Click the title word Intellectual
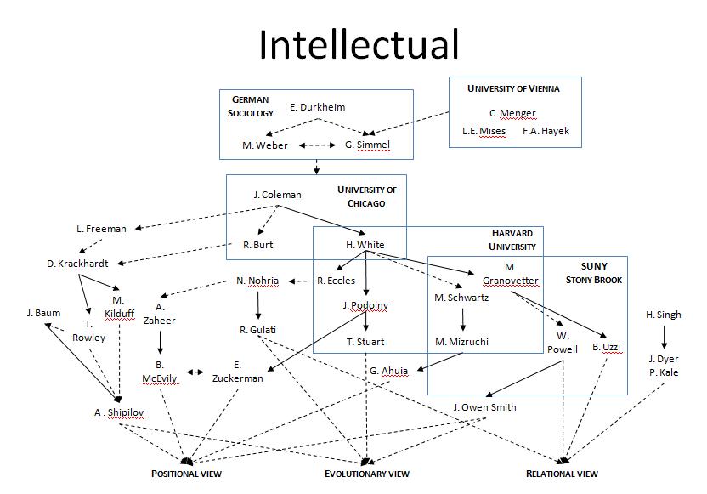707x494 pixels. coord(359,44)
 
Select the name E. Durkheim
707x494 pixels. coord(317,107)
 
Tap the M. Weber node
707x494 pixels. coord(264,145)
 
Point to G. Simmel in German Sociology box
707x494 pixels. coord(367,145)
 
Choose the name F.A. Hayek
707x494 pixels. coord(546,131)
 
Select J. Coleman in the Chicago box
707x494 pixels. coord(277,195)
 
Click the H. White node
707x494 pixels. coord(365,245)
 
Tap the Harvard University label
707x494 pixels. coord(513,240)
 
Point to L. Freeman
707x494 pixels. coord(101,229)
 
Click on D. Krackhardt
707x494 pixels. coord(75,264)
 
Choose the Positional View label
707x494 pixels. coord(186,474)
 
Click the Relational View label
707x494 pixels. coord(562,474)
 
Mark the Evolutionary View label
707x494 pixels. coord(367,474)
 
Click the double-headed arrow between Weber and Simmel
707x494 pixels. coord(315,145)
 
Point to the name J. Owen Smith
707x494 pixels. coord(484,407)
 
